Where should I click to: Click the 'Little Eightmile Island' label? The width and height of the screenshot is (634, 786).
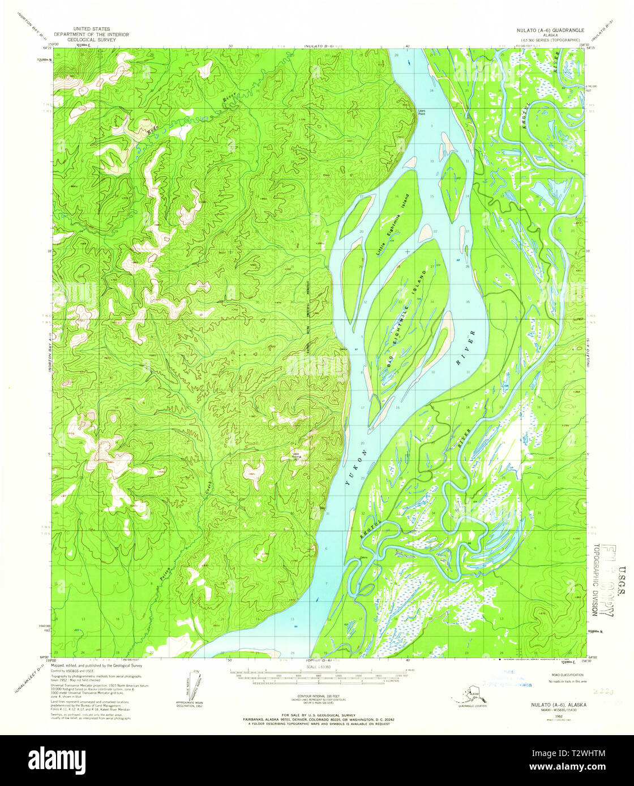[x=391, y=227]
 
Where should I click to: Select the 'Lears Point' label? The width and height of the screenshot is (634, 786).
[x=421, y=111]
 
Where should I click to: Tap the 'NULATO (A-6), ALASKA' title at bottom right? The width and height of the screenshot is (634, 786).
[x=558, y=705]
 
